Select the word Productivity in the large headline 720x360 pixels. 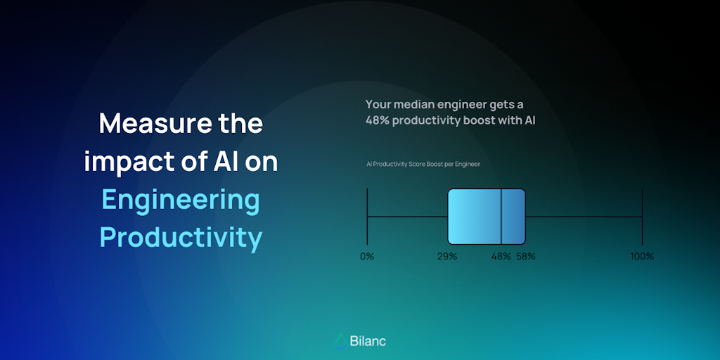(181, 238)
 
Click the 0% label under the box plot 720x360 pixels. (367, 257)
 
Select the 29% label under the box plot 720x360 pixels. (447, 257)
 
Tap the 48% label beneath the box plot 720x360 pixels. (501, 257)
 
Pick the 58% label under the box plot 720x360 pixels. (526, 257)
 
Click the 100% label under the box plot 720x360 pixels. (642, 257)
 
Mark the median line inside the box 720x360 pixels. (501, 217)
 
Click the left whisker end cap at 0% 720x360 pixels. (367, 217)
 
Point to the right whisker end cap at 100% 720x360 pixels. (642, 217)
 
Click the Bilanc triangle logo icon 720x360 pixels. (340, 341)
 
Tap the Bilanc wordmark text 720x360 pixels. (368, 341)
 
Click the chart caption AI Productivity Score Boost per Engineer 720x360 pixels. (423, 164)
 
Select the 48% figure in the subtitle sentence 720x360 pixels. (378, 121)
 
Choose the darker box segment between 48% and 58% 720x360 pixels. (513, 217)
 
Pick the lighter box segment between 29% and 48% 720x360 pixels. (475, 217)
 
